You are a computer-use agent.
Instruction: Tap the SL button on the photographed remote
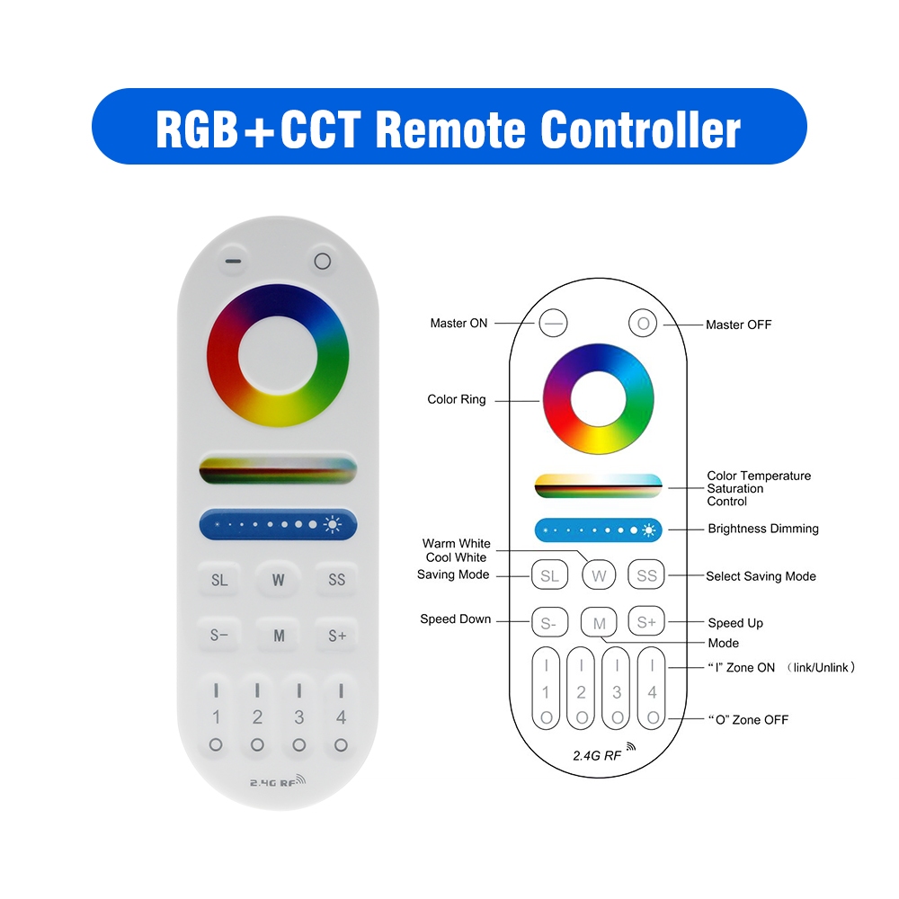[219, 580]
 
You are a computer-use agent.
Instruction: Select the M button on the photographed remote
[279, 636]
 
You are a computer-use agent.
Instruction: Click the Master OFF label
[738, 325]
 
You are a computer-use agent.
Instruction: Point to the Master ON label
[458, 324]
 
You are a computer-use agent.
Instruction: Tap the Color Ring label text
[457, 400]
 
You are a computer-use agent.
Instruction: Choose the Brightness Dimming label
[763, 529]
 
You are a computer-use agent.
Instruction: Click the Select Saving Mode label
[761, 576]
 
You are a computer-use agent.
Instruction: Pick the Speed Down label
[455, 619]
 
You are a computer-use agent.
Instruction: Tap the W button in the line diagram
[599, 575]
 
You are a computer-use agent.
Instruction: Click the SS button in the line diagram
[646, 574]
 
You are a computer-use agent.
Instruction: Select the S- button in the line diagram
[549, 622]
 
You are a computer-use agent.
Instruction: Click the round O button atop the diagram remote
[643, 324]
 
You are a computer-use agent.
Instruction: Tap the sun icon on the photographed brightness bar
[333, 524]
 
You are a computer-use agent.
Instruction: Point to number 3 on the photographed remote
[298, 717]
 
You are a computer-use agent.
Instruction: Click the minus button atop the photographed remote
[233, 261]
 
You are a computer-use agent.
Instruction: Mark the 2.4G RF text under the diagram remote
[597, 756]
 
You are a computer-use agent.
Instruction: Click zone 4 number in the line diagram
[652, 692]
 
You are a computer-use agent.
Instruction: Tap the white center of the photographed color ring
[278, 355]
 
